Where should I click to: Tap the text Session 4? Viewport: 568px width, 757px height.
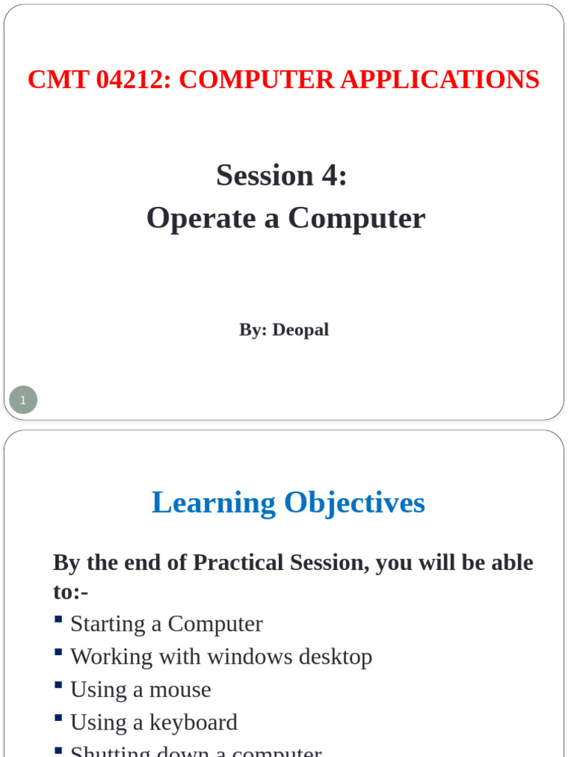(282, 176)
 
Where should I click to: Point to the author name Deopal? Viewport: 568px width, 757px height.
(300, 330)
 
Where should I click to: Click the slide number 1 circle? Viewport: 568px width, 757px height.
(23, 400)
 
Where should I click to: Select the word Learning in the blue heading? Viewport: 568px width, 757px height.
(214, 503)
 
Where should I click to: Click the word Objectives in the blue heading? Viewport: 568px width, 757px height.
(354, 503)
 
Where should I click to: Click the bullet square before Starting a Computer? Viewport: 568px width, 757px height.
(58, 618)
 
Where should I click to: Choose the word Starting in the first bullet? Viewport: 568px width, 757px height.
(108, 624)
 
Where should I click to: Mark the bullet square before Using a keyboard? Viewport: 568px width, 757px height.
(58, 716)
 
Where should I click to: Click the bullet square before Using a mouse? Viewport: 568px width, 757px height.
(58, 684)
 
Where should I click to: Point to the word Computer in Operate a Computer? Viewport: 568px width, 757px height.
(356, 219)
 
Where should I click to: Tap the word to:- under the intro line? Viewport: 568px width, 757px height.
(70, 592)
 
